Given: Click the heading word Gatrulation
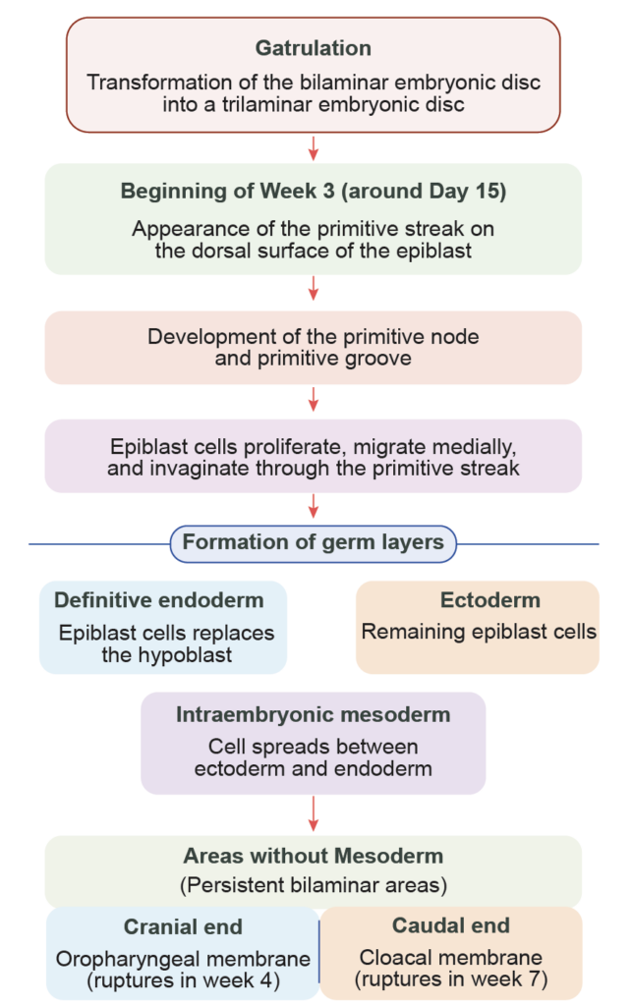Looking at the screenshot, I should (x=314, y=48).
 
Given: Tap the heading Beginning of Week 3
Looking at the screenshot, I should (x=314, y=192).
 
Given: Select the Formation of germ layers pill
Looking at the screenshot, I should (x=314, y=542).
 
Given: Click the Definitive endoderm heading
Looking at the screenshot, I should (x=159, y=600).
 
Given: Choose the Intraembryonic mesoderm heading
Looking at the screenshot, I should (x=314, y=715).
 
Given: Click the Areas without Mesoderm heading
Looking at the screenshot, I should (x=314, y=857).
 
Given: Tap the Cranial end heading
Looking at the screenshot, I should (x=183, y=926).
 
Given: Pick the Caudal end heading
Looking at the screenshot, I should (x=451, y=925).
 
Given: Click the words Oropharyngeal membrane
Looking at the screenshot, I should (x=184, y=959).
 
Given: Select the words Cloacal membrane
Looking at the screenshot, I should (x=451, y=957).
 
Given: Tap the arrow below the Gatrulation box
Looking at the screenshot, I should (x=314, y=147).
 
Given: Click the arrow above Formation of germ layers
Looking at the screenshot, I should (x=314, y=505).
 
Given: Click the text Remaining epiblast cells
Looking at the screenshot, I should (x=479, y=632).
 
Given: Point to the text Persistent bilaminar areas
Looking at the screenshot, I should (x=314, y=885).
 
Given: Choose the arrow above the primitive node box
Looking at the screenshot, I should (x=314, y=288).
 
